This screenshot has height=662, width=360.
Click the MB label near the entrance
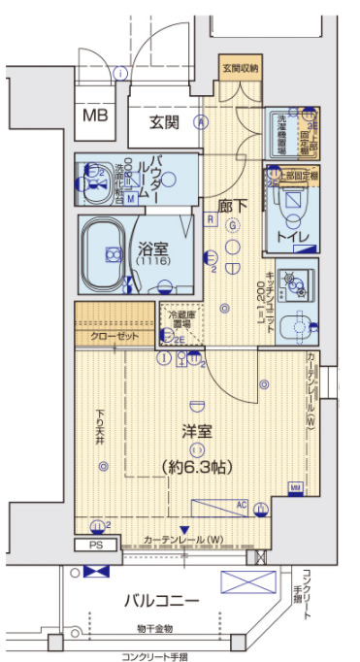tap(94, 116)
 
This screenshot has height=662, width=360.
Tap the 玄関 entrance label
tap(165, 122)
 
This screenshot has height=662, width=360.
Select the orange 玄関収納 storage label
tap(240, 69)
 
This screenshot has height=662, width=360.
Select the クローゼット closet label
tap(115, 336)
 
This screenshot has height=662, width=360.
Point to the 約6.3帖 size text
tap(195, 467)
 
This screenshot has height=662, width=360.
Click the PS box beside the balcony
tap(95, 545)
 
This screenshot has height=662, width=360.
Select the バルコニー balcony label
tap(161, 601)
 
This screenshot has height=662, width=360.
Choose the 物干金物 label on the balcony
tap(156, 630)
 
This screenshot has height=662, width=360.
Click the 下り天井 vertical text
tap(100, 428)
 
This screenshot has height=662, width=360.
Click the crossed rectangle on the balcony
tap(243, 581)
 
